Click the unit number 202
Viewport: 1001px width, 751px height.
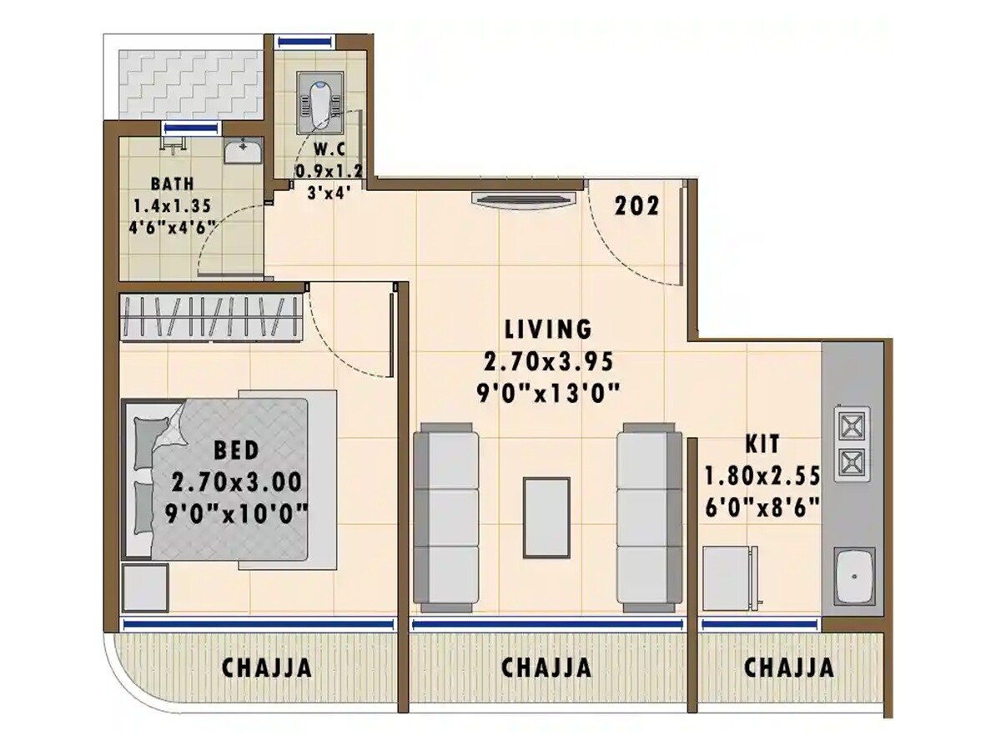click(x=637, y=206)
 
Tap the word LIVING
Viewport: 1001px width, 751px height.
click(x=548, y=328)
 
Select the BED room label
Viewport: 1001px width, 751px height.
click(x=236, y=451)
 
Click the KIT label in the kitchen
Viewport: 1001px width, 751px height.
click(x=763, y=444)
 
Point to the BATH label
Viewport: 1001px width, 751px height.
click(x=173, y=184)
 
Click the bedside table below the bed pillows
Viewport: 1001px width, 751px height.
click(x=146, y=588)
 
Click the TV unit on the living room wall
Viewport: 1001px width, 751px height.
click(x=523, y=199)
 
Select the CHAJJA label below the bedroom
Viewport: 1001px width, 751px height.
click(x=267, y=668)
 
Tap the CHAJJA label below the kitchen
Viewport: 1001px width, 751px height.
click(x=788, y=668)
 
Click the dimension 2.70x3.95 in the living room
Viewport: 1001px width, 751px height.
click(x=548, y=361)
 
